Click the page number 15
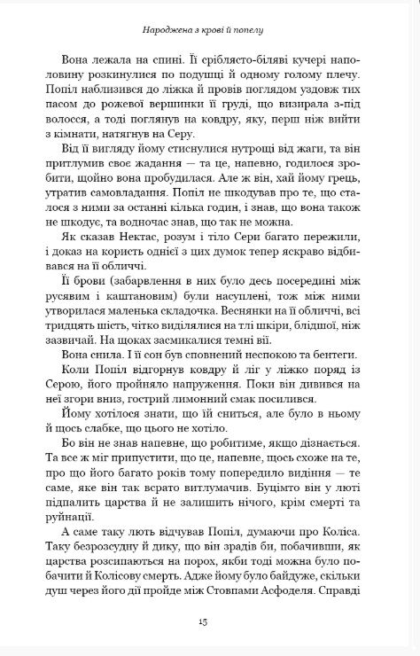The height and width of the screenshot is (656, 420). coord(209,621)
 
